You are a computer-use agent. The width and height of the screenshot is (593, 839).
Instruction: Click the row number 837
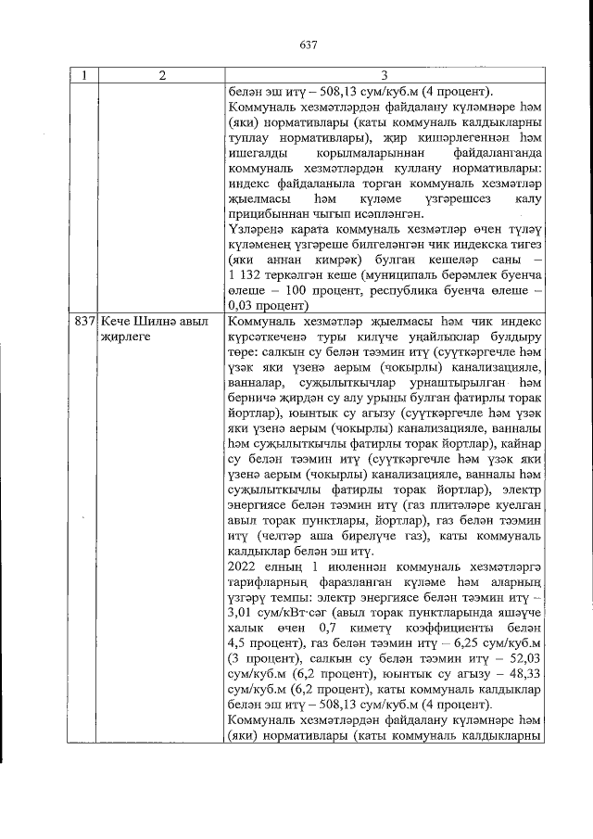point(84,320)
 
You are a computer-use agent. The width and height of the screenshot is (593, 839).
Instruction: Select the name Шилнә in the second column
point(150,320)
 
